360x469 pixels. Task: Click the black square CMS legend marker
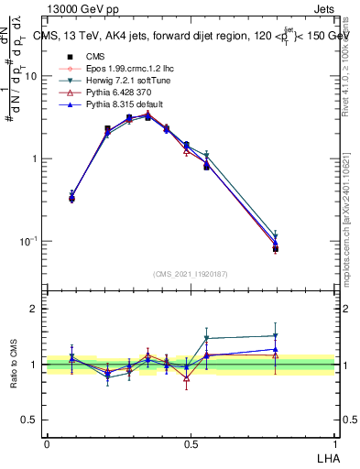point(65,57)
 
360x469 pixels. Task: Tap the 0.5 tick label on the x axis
point(190,442)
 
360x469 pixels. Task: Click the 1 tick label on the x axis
point(333,442)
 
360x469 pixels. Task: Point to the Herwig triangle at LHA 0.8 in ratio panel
point(275,336)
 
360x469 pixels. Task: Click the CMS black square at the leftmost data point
point(72,198)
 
